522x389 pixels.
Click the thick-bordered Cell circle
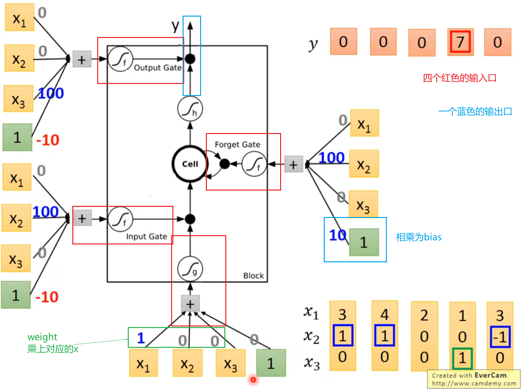click(x=190, y=164)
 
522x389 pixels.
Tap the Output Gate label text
click(x=158, y=68)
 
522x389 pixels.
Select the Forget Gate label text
click(x=237, y=144)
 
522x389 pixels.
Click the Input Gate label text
click(x=147, y=236)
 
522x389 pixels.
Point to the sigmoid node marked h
click(x=190, y=109)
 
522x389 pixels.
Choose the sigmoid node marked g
click(x=190, y=269)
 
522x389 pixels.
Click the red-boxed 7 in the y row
click(x=460, y=42)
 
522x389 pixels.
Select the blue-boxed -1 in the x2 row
click(x=500, y=337)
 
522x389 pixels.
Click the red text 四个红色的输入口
click(x=460, y=78)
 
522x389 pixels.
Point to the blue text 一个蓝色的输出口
click(x=475, y=111)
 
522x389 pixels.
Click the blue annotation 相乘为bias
click(x=419, y=237)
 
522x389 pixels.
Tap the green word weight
click(x=42, y=337)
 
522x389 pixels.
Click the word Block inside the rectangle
click(x=253, y=276)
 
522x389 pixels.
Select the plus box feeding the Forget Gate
click(x=294, y=164)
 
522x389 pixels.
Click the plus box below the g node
click(x=190, y=303)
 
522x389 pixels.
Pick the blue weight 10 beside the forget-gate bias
click(x=337, y=235)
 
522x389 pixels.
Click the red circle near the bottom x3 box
click(x=253, y=379)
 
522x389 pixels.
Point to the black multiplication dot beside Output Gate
click(x=190, y=59)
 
